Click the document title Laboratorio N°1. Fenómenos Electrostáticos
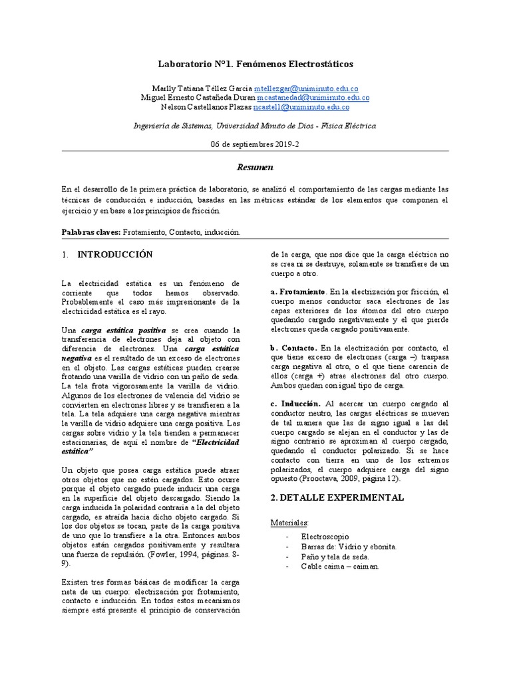point(255,65)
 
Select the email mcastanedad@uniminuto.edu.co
point(323,98)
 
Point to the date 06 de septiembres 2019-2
point(255,144)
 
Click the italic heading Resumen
point(255,168)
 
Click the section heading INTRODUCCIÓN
point(115,255)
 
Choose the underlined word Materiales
point(289,523)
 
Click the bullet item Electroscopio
point(325,536)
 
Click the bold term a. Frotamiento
point(298,292)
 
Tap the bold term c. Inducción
point(296,404)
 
